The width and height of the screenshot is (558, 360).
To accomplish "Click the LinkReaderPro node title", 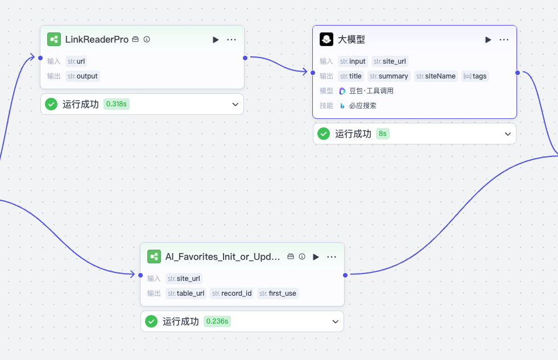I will [x=97, y=39].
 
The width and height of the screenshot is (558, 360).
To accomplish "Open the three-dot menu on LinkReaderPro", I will [x=232, y=39].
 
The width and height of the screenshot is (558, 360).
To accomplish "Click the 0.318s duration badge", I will [x=117, y=104].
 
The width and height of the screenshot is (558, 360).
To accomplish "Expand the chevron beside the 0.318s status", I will [x=235, y=104].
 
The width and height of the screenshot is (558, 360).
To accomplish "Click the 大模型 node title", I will [x=351, y=39].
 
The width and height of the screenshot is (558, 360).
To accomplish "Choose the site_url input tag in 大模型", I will [x=390, y=61].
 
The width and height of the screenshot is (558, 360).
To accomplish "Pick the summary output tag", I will [x=388, y=76].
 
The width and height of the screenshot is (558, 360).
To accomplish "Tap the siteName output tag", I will [x=436, y=76].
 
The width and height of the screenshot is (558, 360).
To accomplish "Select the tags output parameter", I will [x=475, y=76].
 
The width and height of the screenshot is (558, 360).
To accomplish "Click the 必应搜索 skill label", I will [x=362, y=106].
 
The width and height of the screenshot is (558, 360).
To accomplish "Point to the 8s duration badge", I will [x=383, y=134].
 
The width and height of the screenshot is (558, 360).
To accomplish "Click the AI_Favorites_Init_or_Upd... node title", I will [x=222, y=256].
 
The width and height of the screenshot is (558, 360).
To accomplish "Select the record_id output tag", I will [x=232, y=293].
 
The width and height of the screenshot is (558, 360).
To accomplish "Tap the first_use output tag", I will [x=278, y=293].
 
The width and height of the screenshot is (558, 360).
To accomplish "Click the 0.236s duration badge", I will [x=217, y=321].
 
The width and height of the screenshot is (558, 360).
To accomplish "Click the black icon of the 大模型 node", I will [x=326, y=39].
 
